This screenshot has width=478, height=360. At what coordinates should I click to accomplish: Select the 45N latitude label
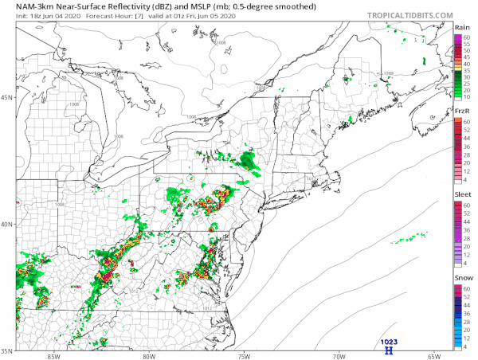click(8, 98)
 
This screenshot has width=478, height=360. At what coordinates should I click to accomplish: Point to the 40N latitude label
click(8, 224)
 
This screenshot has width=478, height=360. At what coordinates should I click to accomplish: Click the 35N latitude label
click(8, 349)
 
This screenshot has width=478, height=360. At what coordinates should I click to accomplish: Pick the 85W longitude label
click(53, 356)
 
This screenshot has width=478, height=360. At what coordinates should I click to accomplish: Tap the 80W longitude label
click(148, 356)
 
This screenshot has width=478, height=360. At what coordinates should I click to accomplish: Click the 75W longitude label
click(244, 356)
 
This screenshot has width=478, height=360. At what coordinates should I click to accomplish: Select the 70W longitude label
click(339, 356)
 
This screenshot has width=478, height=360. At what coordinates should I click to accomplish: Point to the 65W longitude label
click(434, 356)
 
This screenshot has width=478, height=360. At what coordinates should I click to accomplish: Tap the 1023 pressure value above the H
click(389, 341)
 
